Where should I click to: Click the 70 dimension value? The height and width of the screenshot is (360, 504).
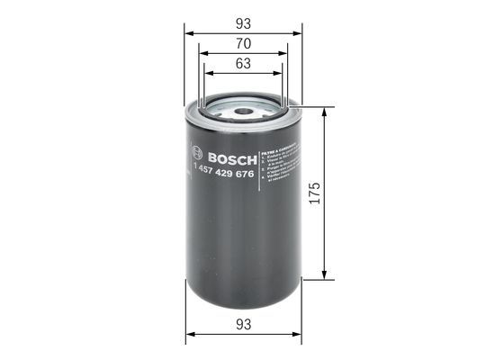pyautogui.click(x=243, y=42)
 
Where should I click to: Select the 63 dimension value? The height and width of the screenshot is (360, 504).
pyautogui.click(x=243, y=64)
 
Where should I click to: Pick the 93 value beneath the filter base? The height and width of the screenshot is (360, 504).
pyautogui.click(x=243, y=323)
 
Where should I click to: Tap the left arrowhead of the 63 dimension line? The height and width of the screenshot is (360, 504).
pyautogui.click(x=207, y=74)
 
